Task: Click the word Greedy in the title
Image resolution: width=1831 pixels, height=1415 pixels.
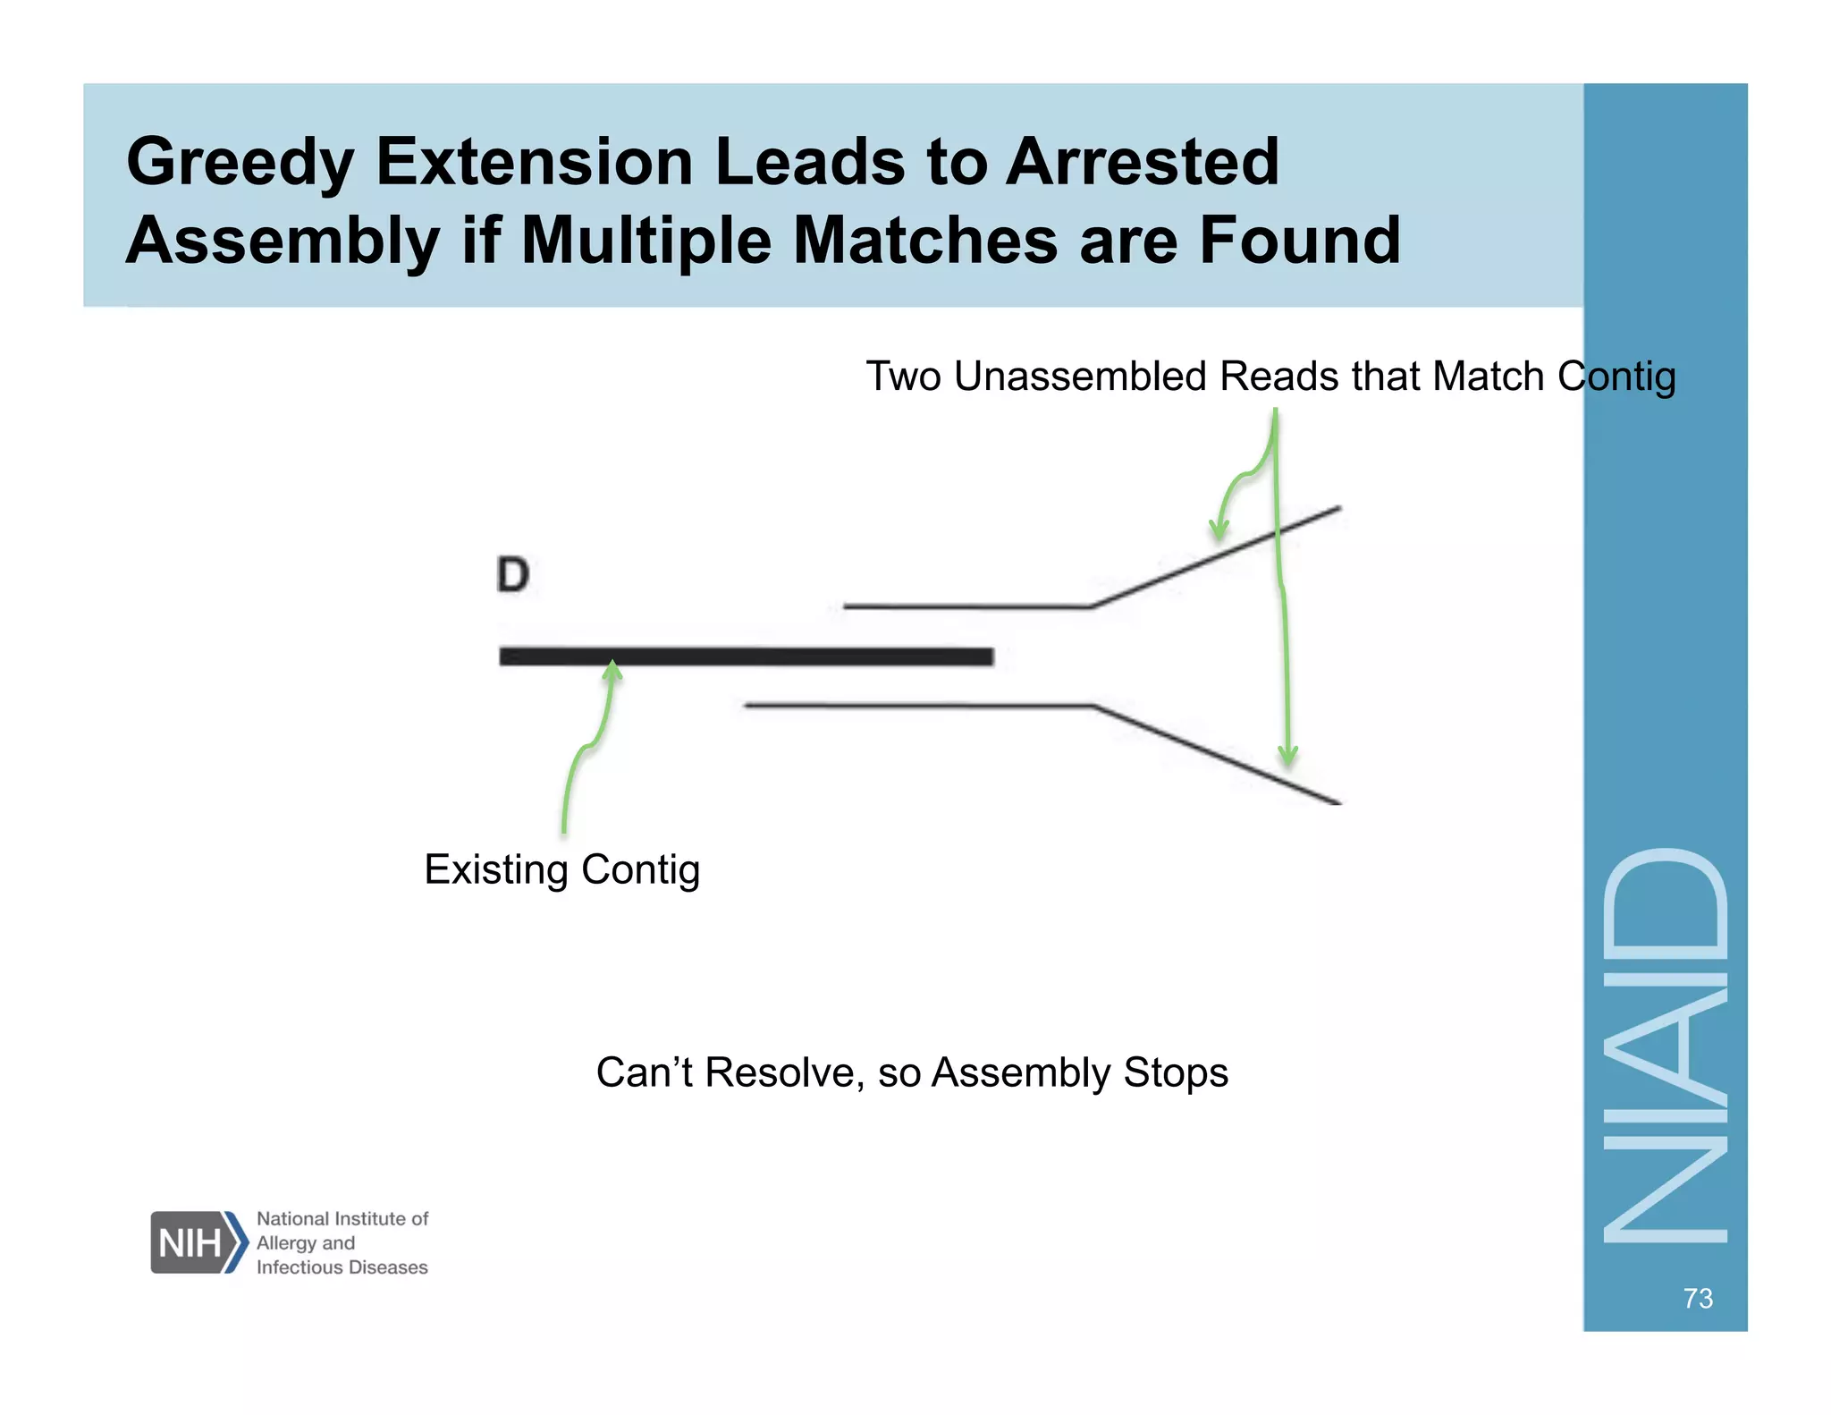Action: tap(240, 163)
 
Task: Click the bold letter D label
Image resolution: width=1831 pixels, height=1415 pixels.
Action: tap(513, 574)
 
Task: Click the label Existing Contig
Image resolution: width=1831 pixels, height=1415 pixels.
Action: tap(561, 869)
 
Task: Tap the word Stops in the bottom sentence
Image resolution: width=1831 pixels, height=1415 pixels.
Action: tap(1176, 1072)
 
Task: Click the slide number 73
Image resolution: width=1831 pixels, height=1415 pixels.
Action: tap(1697, 1298)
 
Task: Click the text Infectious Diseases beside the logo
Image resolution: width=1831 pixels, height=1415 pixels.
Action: tap(342, 1267)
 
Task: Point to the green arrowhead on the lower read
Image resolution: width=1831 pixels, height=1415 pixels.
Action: tap(1287, 756)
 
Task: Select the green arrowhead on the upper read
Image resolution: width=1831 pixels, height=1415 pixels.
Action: tap(1219, 530)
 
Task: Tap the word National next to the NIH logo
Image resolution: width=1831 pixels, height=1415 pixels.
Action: tap(292, 1218)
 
